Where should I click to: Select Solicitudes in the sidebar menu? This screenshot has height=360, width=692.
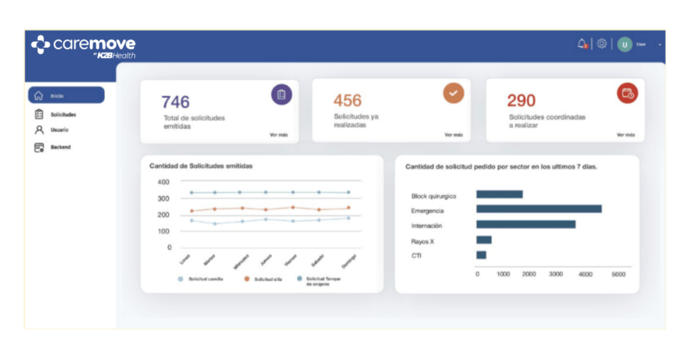(62, 114)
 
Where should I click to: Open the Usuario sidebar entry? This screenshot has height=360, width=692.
(59, 130)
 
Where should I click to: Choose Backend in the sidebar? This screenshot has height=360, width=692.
(59, 147)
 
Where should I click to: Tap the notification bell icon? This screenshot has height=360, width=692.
(582, 44)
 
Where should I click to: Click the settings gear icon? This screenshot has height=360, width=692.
(601, 44)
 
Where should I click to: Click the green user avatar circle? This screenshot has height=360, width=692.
(624, 45)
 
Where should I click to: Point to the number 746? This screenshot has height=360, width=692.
(175, 102)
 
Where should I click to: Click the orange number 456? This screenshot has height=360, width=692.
(347, 101)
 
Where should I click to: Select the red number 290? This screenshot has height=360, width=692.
(521, 101)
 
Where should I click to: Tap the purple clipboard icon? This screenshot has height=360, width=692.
(281, 95)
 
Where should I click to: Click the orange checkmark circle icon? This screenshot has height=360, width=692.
(453, 93)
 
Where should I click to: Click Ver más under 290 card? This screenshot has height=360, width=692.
(625, 134)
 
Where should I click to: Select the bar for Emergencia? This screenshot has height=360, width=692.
(539, 209)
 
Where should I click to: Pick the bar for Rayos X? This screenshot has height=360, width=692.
(484, 240)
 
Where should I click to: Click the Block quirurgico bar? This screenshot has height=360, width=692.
(499, 195)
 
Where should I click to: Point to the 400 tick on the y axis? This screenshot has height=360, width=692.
(164, 182)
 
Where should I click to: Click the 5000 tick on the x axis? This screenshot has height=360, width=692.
(618, 274)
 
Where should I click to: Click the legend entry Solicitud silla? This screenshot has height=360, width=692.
(264, 279)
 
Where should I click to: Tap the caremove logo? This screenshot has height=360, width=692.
(83, 46)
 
